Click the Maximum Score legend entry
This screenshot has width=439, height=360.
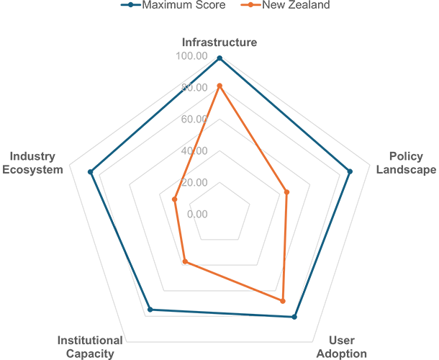tap(173, 5)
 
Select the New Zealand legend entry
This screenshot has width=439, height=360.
tap(285, 5)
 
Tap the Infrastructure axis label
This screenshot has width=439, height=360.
tap(219, 42)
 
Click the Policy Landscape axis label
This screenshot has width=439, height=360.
tap(406, 163)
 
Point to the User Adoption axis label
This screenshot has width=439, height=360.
tap(342, 347)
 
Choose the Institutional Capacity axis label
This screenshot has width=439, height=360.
tap(90, 347)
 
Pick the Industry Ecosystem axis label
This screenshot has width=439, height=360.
tap(32, 163)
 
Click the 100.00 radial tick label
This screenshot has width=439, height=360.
tap(191, 55)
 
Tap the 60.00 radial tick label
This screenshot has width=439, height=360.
tap(194, 119)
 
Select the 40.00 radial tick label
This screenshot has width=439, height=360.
tap(194, 150)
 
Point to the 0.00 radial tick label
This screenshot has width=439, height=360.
tap(197, 214)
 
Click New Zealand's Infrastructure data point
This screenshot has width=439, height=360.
tap(219, 86)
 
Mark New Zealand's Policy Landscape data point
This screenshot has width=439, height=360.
tap(286, 192)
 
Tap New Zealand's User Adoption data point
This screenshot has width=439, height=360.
tap(283, 301)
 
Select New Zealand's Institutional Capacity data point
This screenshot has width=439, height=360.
tap(185, 261)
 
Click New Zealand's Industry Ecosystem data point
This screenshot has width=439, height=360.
tap(174, 199)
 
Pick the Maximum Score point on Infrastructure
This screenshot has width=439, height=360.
tap(219, 58)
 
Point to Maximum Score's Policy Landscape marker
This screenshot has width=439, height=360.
tap(350, 172)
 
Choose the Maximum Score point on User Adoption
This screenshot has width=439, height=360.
tap(294, 317)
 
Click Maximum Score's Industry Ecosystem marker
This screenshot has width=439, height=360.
tap(90, 172)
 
